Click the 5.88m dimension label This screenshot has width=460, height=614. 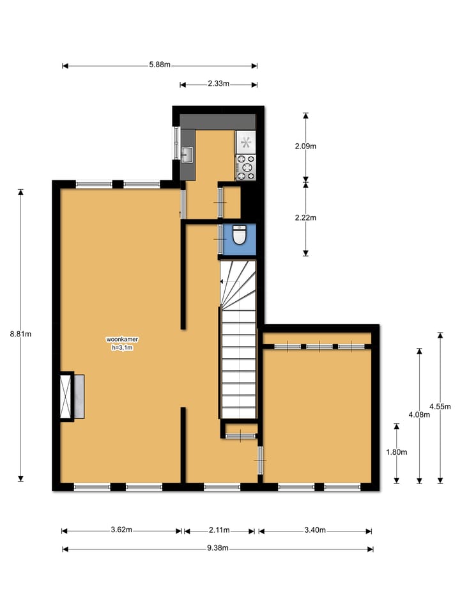pos(160,65)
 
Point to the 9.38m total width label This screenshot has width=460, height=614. pos(217,549)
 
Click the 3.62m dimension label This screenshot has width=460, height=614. pos(121,530)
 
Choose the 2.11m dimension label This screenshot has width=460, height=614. pos(219,530)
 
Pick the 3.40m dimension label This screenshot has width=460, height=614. pos(315,530)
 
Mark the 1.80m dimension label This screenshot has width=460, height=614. pos(397,452)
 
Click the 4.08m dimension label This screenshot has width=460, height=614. pos(420,414)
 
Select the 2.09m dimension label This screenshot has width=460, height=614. pos(305,146)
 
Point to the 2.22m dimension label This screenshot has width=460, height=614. pos(305,217)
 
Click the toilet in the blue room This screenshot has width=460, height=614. pos(240,235)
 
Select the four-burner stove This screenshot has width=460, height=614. pos(246,168)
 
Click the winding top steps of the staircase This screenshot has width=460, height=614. pos(238,281)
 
